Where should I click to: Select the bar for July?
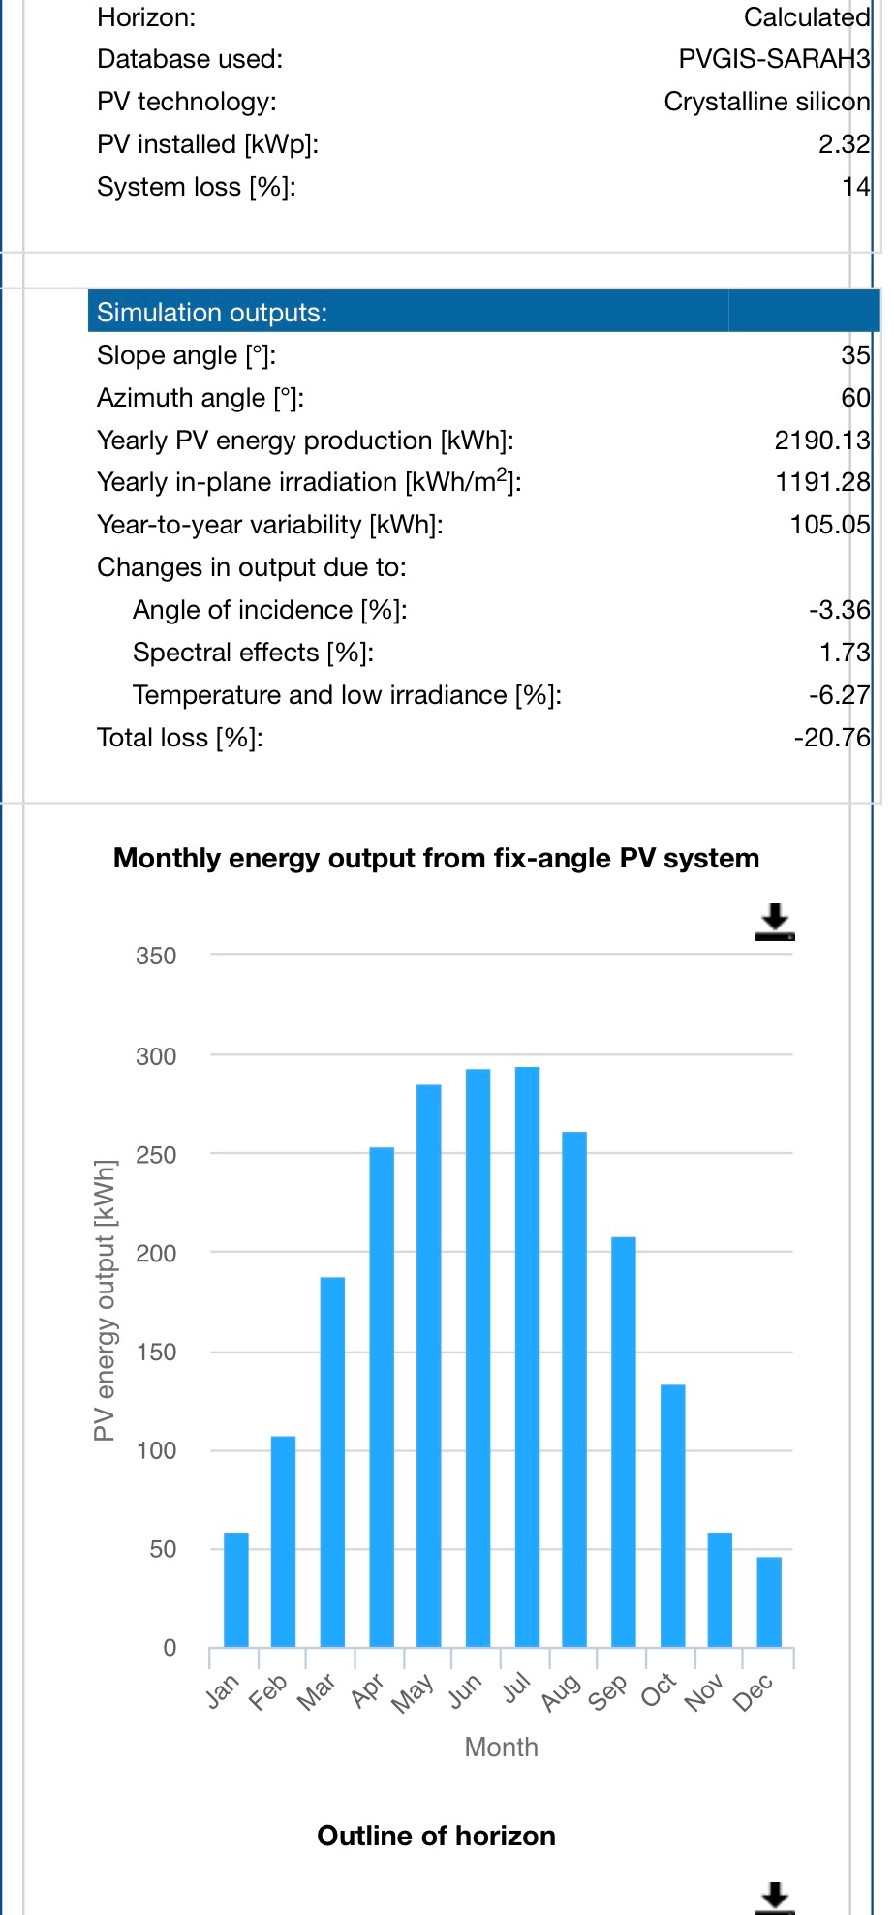[527, 1355]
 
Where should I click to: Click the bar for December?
[769, 1601]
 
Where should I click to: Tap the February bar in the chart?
[283, 1540]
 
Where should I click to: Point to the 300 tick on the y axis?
[156, 1056]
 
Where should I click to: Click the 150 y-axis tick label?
[156, 1353]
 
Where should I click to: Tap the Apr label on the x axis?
[368, 1690]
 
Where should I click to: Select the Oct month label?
[659, 1690]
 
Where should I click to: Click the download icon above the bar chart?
[774, 923]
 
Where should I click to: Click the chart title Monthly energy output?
[436, 859]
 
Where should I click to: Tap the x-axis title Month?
[501, 1747]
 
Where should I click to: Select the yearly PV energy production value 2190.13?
[821, 441]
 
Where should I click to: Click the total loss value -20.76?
[831, 738]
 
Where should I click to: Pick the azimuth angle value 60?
[855, 398]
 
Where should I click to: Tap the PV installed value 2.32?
[844, 144]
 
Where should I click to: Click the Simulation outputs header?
[212, 312]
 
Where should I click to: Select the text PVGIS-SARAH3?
[774, 59]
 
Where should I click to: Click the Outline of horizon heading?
[436, 1836]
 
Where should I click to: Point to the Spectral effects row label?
[253, 653]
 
